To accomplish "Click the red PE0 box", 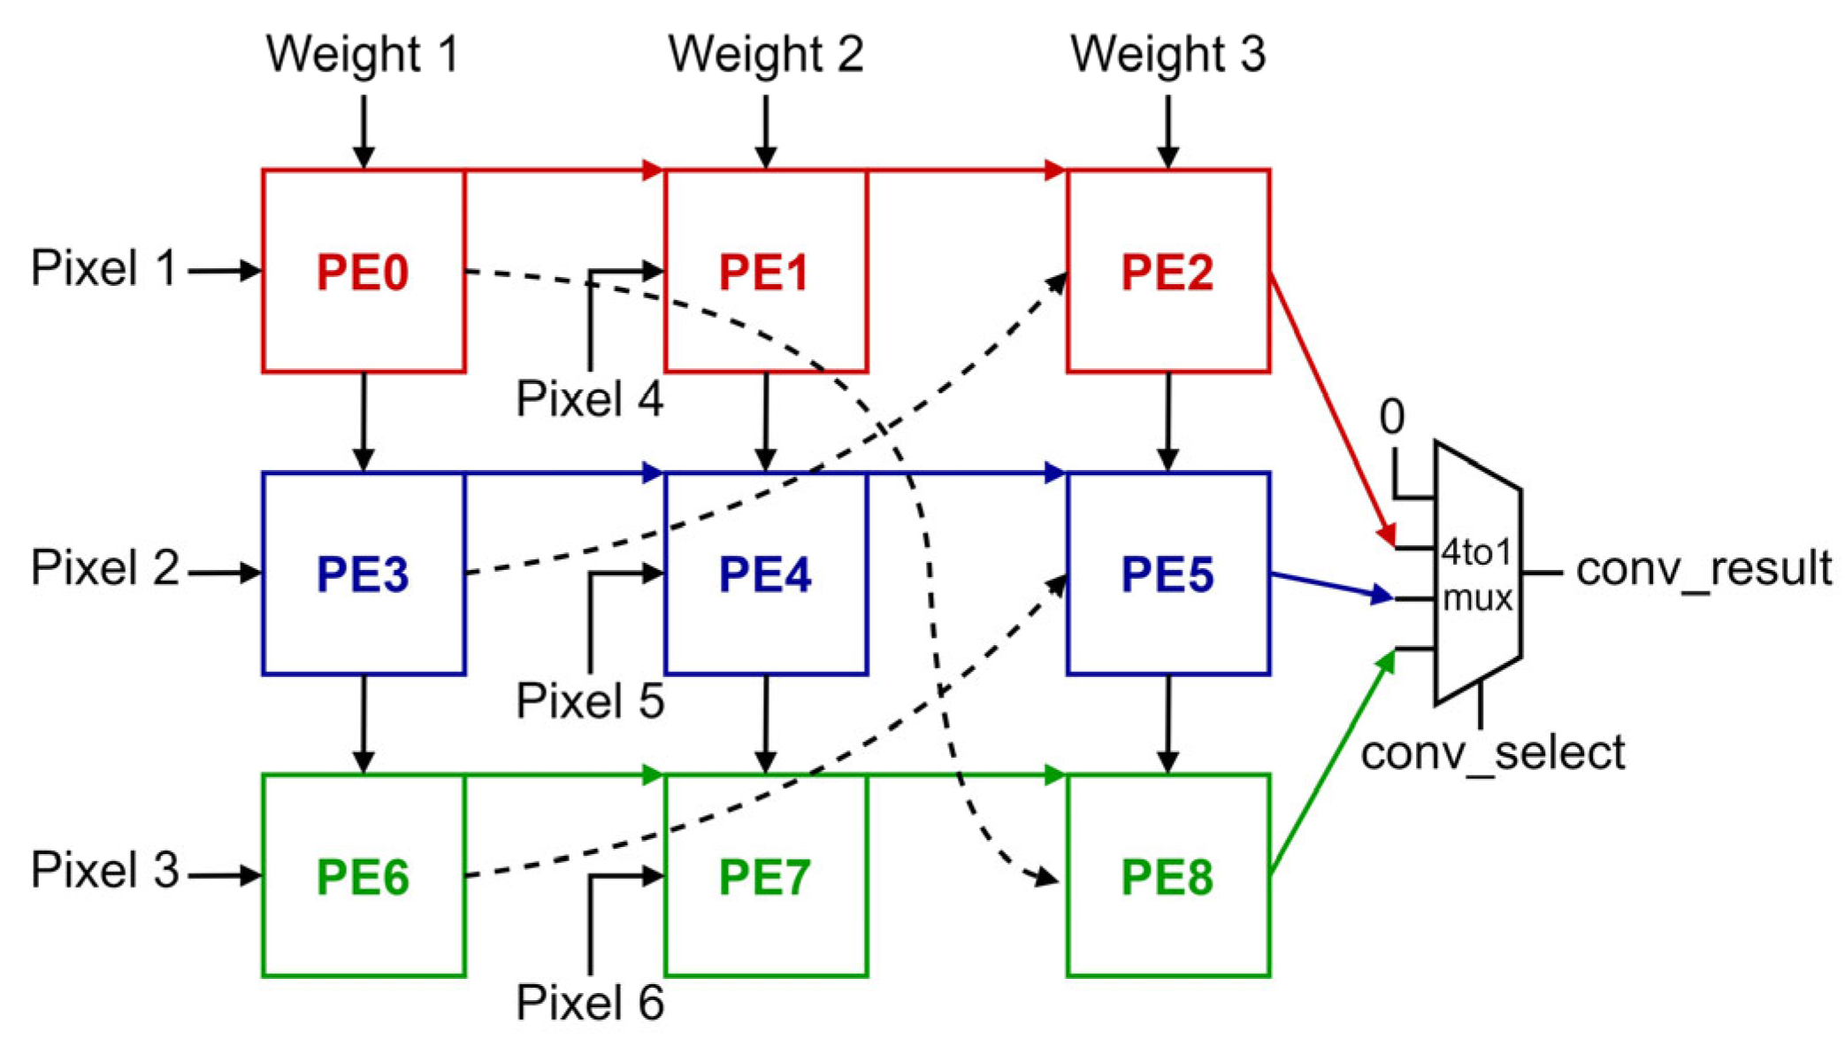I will click(x=364, y=271).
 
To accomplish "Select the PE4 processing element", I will click(x=766, y=574).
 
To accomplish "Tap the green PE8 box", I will click(x=1167, y=876).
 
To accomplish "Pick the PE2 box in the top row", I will click(x=1167, y=271).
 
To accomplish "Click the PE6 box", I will click(x=364, y=876).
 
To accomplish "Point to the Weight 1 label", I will click(x=364, y=54).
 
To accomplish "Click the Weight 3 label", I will click(x=1167, y=54).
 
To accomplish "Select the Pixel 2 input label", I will click(x=105, y=567).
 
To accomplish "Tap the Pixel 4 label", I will click(x=590, y=398).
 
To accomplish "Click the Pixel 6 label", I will click(x=590, y=1003).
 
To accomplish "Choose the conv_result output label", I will click(x=1703, y=568).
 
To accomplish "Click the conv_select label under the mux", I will click(x=1492, y=753).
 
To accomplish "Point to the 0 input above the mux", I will click(x=1392, y=416).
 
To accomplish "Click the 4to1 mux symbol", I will click(x=1477, y=574).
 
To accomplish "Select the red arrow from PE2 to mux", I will click(x=1331, y=407).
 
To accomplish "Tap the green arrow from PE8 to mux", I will click(x=1331, y=765).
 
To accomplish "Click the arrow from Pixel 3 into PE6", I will click(x=225, y=876).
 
